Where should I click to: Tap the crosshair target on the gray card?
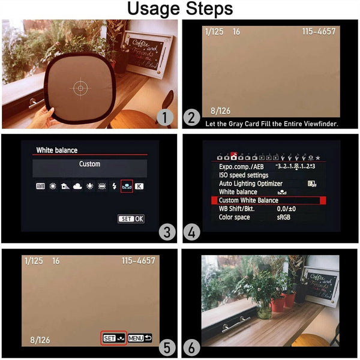[x=79, y=88]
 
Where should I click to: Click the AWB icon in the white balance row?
[x=41, y=186]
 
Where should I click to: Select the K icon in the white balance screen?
[x=139, y=186]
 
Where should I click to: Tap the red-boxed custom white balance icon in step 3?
[x=126, y=186]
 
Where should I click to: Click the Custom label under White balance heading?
[x=89, y=164]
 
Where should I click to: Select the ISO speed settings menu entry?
[x=244, y=175]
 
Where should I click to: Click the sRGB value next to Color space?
[x=284, y=217]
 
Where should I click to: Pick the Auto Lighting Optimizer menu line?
[x=251, y=184]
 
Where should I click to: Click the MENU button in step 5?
[x=140, y=338]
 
